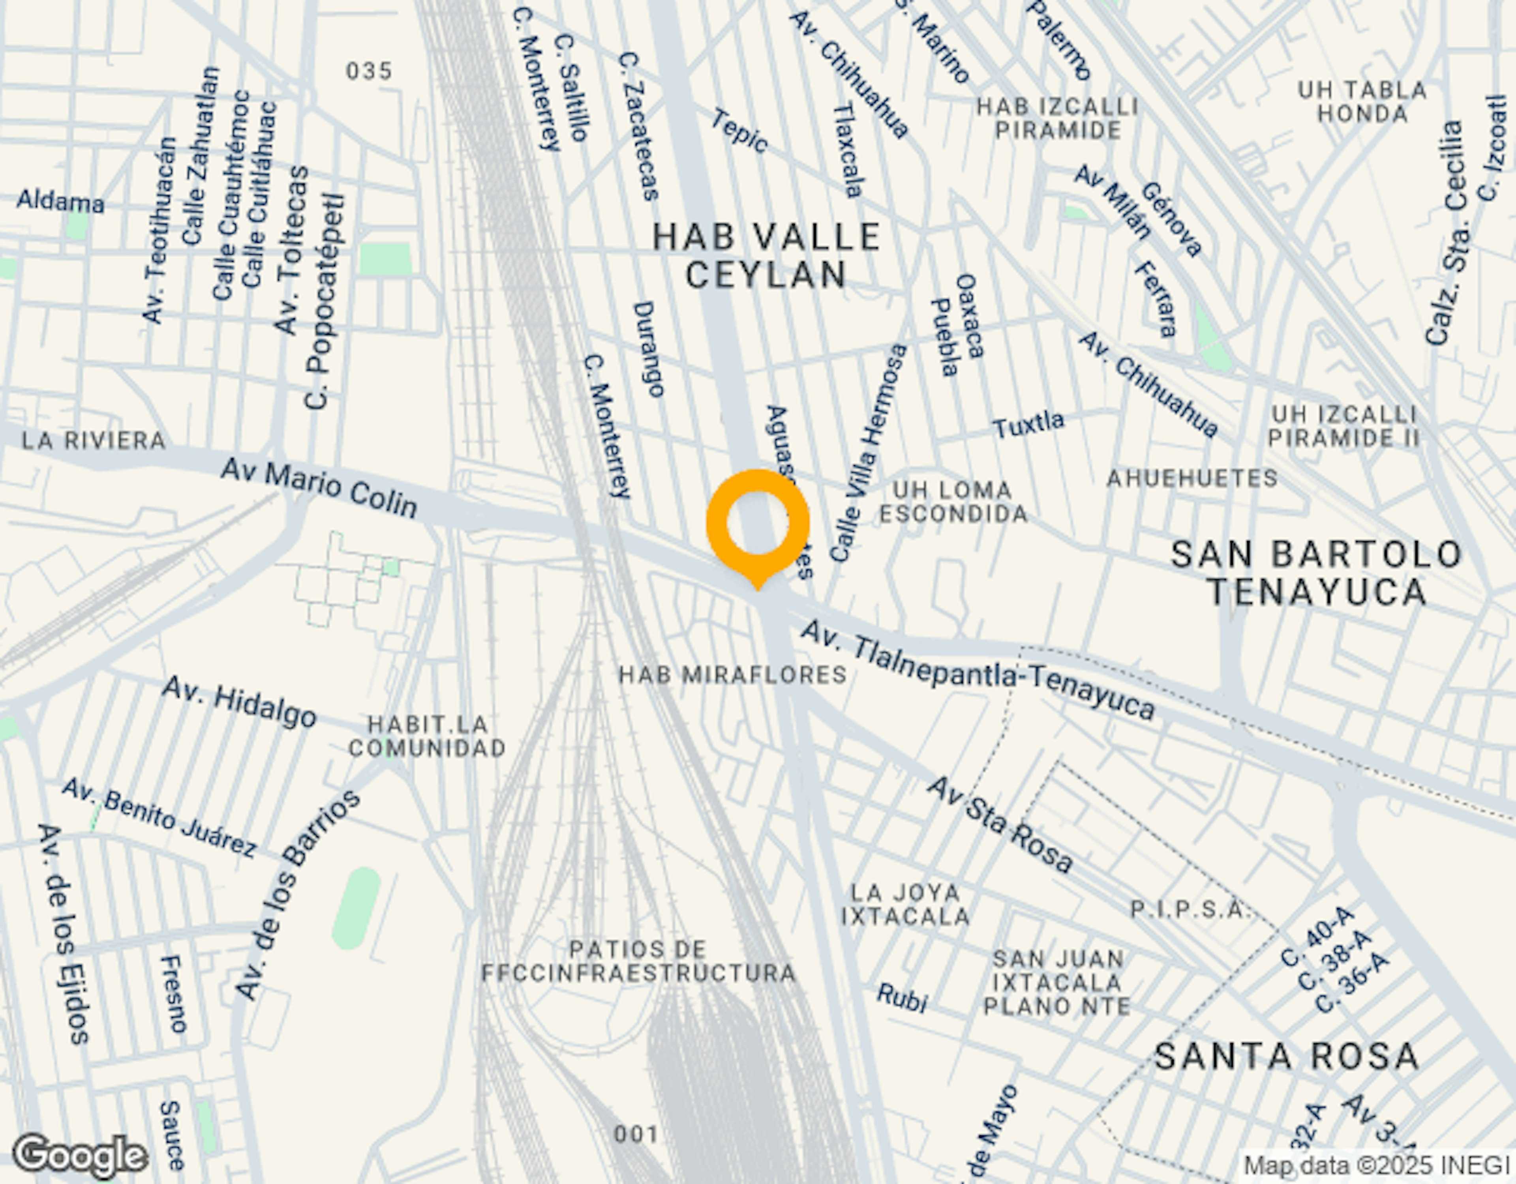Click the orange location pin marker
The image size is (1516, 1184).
click(x=757, y=524)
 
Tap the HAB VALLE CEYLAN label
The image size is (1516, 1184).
click(x=766, y=256)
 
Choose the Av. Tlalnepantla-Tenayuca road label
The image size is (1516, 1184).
click(x=978, y=670)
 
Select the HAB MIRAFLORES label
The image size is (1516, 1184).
click(x=732, y=674)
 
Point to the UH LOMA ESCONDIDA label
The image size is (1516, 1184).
click(x=953, y=502)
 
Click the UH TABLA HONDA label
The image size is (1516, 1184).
click(x=1362, y=101)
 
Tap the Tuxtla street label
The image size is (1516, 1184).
click(x=1028, y=423)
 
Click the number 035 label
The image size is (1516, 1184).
click(x=369, y=71)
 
